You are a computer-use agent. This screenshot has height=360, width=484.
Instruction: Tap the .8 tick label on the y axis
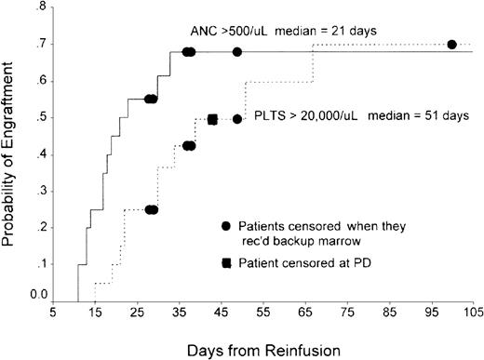(40, 8)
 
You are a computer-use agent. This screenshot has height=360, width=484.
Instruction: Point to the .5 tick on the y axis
(40, 118)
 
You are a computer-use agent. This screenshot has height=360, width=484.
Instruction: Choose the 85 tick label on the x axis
(389, 314)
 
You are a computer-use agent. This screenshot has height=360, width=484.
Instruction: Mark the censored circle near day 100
(452, 45)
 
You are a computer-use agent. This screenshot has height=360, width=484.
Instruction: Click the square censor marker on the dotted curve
(213, 119)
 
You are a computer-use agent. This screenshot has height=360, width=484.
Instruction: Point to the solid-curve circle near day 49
(237, 52)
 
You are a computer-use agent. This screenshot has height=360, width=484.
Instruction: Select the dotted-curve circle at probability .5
(237, 119)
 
